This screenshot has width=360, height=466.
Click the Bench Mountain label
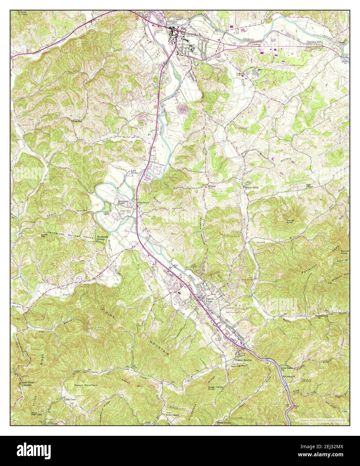pyautogui.click(x=86, y=385)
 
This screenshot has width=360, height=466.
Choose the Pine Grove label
pyautogui.click(x=141, y=203)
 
